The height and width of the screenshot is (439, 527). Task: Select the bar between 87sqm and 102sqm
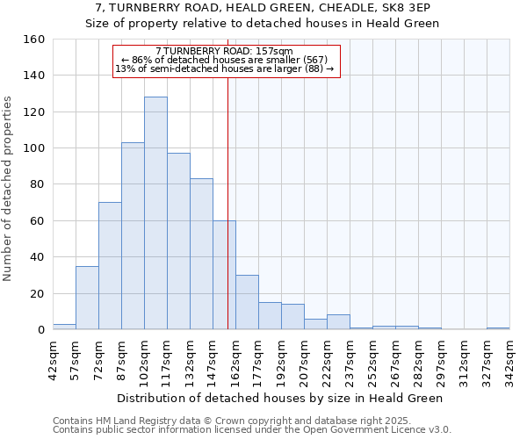pos(133,236)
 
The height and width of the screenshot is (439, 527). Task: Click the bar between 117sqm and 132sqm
pos(178,241)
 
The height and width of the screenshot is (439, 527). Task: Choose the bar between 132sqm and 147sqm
pos(201,254)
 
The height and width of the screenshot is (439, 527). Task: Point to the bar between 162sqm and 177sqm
pos(247,302)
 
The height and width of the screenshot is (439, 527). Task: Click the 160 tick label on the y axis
pos(34,40)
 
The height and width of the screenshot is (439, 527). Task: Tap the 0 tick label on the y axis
pos(41,330)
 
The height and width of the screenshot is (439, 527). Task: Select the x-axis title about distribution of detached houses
pos(281,398)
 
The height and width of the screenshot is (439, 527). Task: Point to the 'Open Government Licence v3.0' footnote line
pos(252,429)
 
